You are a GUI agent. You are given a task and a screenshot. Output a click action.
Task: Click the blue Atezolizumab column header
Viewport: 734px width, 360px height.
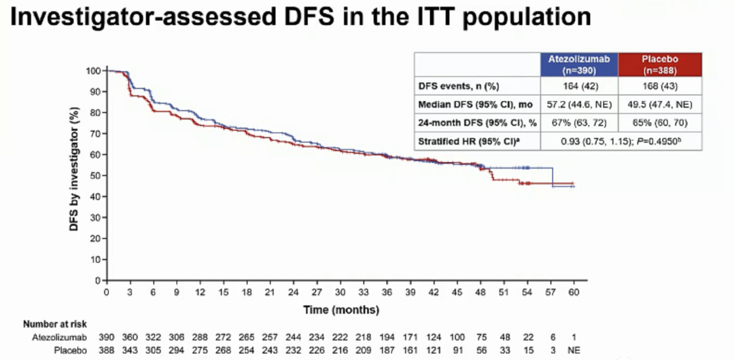tap(579, 65)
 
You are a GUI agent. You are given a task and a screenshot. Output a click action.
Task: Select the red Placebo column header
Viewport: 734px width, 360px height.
tap(660, 65)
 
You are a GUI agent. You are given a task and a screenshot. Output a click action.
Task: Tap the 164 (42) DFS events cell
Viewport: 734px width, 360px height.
tap(579, 86)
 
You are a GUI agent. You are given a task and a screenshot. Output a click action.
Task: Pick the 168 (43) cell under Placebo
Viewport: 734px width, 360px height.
tap(660, 86)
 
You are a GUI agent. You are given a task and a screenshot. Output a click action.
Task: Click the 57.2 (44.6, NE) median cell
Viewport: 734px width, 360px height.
tap(579, 105)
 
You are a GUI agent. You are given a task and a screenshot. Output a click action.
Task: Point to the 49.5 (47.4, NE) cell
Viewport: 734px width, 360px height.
tap(660, 105)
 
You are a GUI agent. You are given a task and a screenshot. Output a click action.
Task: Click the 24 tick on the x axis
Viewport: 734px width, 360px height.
tap(293, 293)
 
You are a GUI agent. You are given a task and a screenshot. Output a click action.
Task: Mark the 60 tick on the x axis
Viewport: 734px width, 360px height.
tap(574, 293)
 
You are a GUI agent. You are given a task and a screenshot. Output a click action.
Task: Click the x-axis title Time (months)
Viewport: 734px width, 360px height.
tap(340, 310)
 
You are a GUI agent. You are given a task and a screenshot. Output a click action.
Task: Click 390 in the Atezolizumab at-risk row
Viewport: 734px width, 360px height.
tap(107, 337)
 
